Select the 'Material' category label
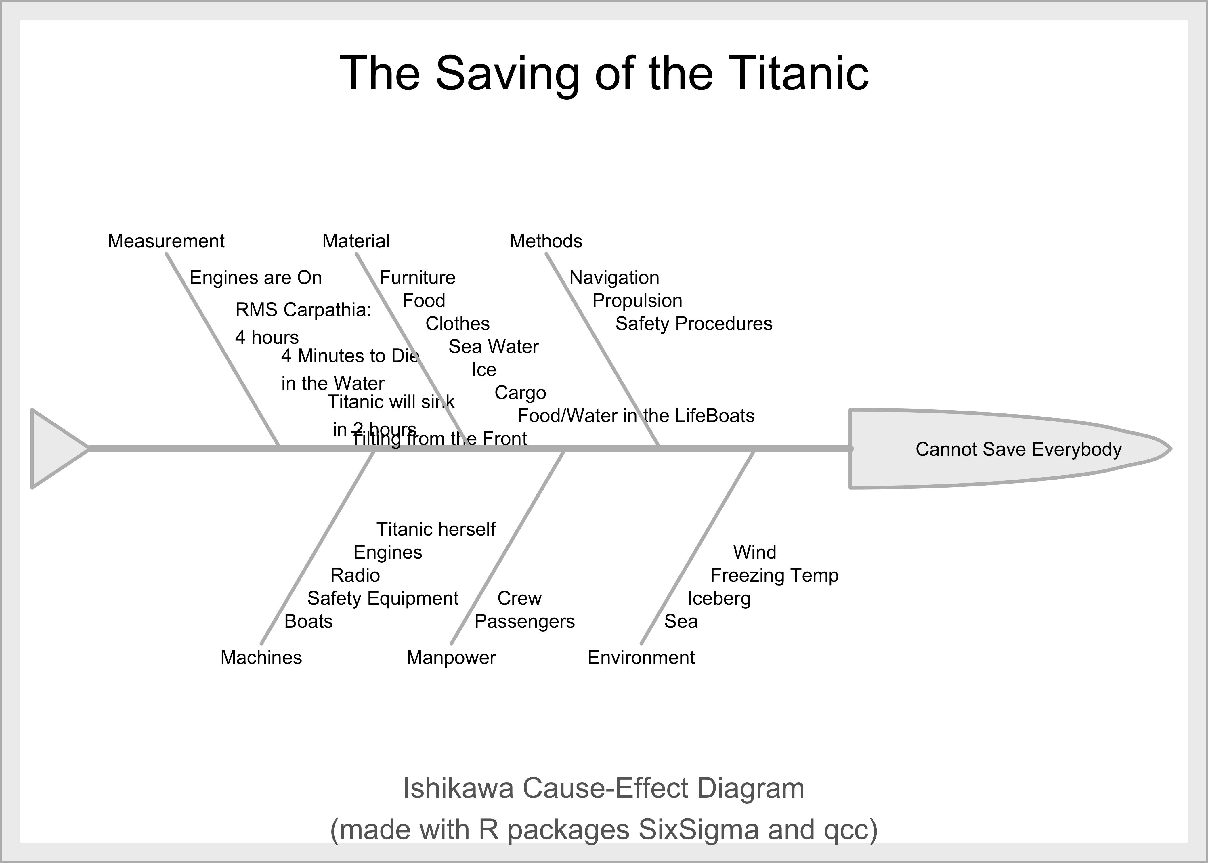coord(355,241)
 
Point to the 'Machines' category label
coord(261,658)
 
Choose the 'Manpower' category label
coord(451,658)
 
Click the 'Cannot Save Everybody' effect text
coord(1018,450)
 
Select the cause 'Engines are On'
coord(255,278)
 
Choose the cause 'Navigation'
coord(614,278)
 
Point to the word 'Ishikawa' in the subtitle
coord(458,788)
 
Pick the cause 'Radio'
coord(355,576)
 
